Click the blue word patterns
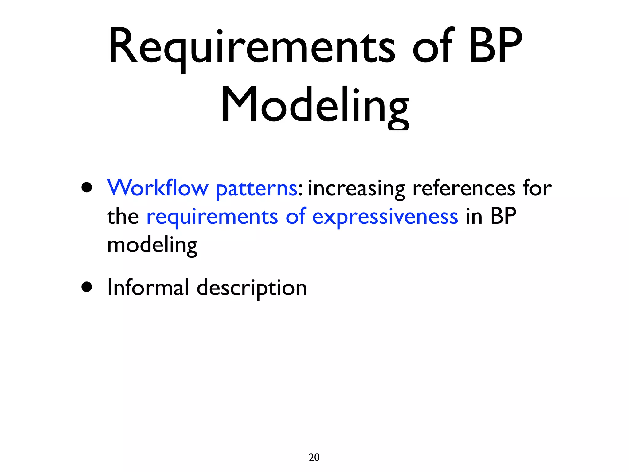coord(256,189)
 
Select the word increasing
coord(356,189)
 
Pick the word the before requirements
coord(123,216)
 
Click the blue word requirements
coord(212,218)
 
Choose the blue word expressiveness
coord(385,218)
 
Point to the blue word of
coord(296,216)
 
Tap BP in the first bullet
coord(503,216)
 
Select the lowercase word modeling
coord(152,246)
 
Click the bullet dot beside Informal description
coord(87,287)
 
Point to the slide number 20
coord(314,457)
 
